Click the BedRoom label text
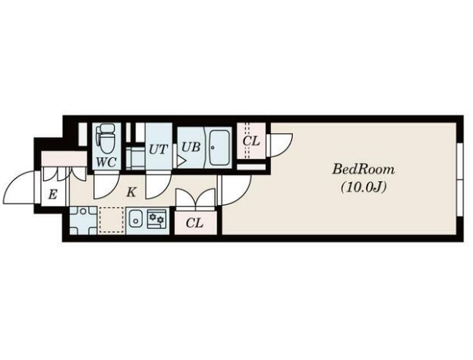pyautogui.click(x=364, y=170)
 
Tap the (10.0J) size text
pyautogui.click(x=364, y=187)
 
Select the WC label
pyautogui.click(x=106, y=163)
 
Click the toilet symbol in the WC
pyautogui.click(x=106, y=139)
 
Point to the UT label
pyautogui.click(x=159, y=149)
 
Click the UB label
pyautogui.click(x=191, y=147)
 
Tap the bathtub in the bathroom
pyautogui.click(x=219, y=148)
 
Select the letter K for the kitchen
pyautogui.click(x=131, y=192)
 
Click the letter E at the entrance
pyautogui.click(x=52, y=194)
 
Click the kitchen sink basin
pyautogui.click(x=136, y=220)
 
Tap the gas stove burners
pyautogui.click(x=156, y=218)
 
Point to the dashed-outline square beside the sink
pyautogui.click(x=111, y=220)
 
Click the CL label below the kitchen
pyautogui.click(x=195, y=223)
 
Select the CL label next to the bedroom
pyautogui.click(x=251, y=140)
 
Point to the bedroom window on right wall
pyautogui.click(x=460, y=180)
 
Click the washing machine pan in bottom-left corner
pyautogui.click(x=83, y=220)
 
